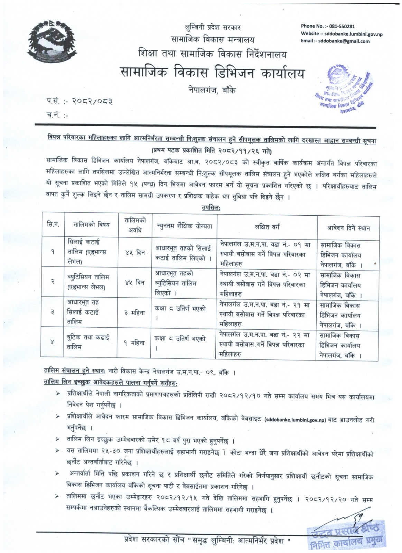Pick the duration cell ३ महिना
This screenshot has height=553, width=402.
pos(135,312)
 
